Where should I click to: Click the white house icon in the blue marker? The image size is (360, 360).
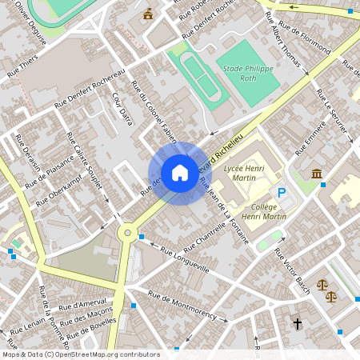tap(179, 173)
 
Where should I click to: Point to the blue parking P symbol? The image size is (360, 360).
tap(281, 192)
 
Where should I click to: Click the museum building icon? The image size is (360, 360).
tap(317, 174)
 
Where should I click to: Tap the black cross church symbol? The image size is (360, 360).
tap(298, 324)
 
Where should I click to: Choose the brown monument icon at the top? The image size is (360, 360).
tap(148, 14)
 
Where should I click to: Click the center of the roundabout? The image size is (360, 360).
tap(126, 233)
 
